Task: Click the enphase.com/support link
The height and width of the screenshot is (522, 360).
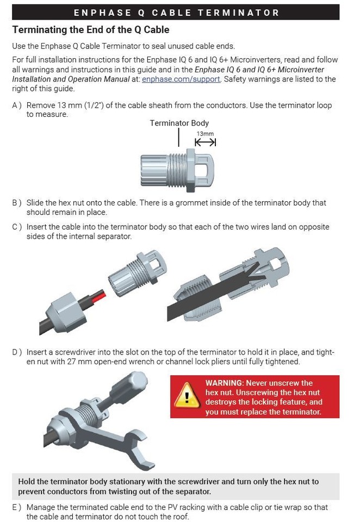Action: click(181, 79)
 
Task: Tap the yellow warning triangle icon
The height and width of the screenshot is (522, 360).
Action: click(187, 396)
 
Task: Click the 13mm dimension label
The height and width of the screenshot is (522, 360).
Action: click(205, 134)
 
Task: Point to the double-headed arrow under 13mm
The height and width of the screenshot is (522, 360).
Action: click(206, 142)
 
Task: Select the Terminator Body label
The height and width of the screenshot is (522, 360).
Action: click(179, 123)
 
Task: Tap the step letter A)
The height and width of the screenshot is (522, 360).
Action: click(17, 105)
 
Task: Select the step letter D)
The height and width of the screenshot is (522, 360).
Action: click(17, 352)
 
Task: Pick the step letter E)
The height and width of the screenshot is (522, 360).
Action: click(17, 507)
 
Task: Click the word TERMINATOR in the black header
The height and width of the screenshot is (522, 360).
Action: click(238, 13)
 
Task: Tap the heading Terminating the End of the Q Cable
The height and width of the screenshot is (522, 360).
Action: click(91, 29)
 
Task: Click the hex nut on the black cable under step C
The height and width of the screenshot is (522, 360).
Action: click(65, 313)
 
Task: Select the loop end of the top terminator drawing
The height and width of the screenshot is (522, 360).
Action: click(204, 170)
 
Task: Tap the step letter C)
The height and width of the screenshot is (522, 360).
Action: click(17, 227)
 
